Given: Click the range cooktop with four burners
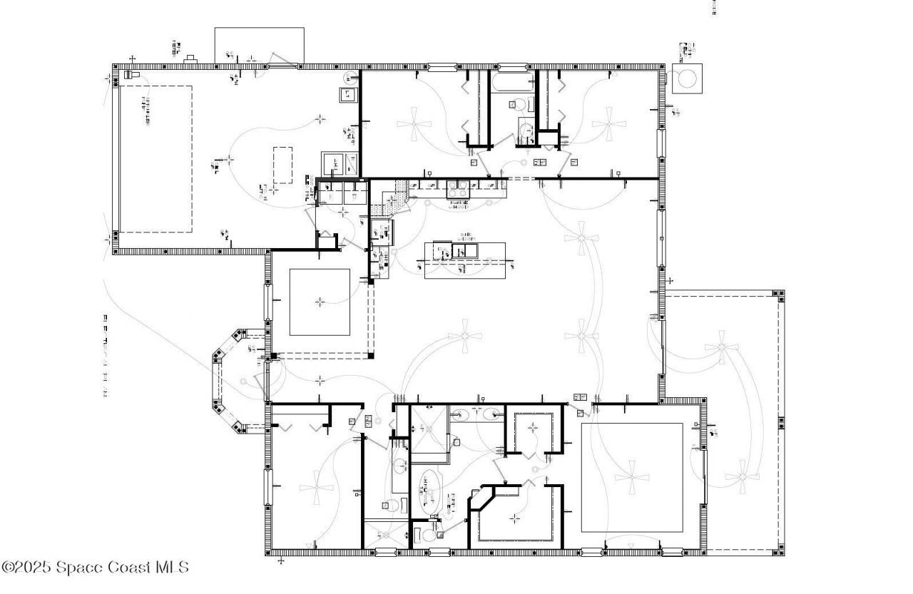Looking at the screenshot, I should pyautogui.click(x=458, y=189).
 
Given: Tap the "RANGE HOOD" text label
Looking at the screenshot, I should pyautogui.click(x=459, y=205).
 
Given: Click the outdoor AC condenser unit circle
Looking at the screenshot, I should pyautogui.click(x=687, y=78).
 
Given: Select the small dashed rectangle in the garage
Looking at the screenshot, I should pyautogui.click(x=282, y=165).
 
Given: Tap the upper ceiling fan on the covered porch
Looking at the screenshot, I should pyautogui.click(x=721, y=347).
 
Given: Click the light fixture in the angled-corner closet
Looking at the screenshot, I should pyautogui.click(x=515, y=518).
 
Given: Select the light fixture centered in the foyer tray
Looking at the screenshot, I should pyautogui.click(x=320, y=302).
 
